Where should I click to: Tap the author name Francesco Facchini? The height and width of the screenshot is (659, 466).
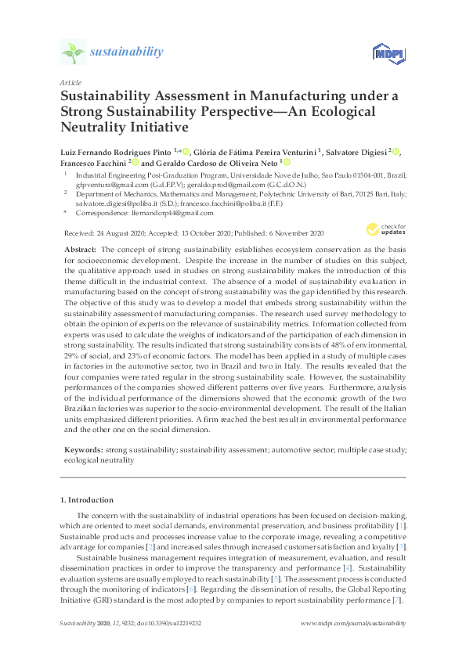(x=93, y=163)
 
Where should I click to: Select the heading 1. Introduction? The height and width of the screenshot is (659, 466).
(x=86, y=499)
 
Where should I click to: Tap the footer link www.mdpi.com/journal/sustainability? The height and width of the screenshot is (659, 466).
(x=353, y=623)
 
